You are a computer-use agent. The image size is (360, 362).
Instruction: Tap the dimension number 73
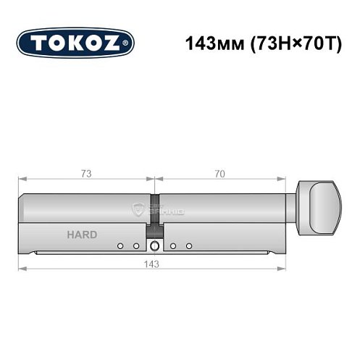(x=86, y=174)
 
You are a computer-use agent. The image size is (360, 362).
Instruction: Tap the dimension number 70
(x=219, y=174)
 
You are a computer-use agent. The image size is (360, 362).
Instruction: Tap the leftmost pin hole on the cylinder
(x=120, y=246)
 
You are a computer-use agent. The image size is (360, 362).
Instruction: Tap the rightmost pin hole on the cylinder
(x=188, y=246)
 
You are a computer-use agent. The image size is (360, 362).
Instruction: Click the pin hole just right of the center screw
(x=174, y=246)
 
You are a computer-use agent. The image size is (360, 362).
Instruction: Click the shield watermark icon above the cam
(x=139, y=209)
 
